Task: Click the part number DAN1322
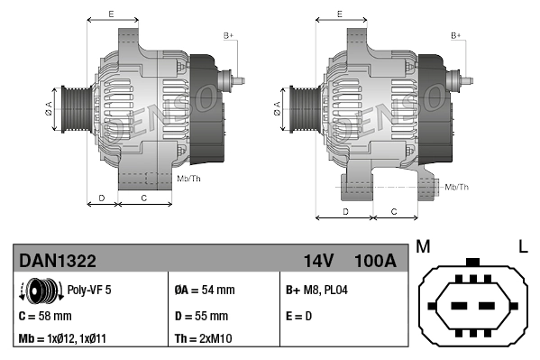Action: coord(58,261)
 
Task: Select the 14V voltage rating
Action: coord(318,261)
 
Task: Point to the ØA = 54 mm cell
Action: coord(204,291)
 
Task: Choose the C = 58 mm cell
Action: coord(45,316)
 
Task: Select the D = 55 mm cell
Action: coord(201,316)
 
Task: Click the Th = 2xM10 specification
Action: coord(204,339)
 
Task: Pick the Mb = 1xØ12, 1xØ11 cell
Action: coord(67,339)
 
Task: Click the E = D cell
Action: coord(300,316)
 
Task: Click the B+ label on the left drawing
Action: coord(228,35)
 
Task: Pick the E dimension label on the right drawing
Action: coord(339,14)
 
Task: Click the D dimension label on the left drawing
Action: coord(102,196)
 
